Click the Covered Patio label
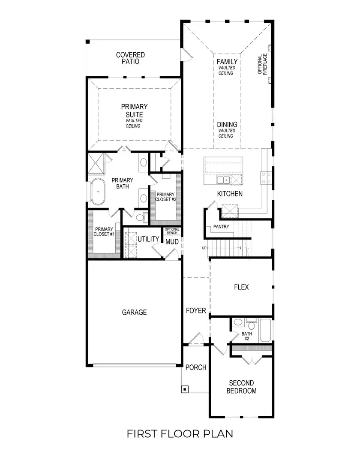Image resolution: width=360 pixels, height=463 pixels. click(130, 58)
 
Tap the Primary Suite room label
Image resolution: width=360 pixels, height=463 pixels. click(134, 111)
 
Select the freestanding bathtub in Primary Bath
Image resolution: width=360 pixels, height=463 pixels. click(99, 191)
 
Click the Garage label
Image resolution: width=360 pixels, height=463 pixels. click(134, 312)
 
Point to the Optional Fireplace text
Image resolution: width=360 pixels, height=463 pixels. click(262, 64)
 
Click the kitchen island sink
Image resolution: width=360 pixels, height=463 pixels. click(223, 179)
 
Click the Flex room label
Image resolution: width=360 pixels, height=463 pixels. click(241, 287)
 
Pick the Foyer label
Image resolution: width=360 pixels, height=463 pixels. click(196, 310)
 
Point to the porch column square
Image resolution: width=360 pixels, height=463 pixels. click(185, 389)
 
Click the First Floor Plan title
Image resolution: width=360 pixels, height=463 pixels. click(180, 434)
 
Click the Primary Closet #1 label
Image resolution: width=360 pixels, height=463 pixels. click(104, 231)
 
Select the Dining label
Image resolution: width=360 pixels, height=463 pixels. click(227, 125)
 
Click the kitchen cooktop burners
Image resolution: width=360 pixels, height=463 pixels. click(265, 177)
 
